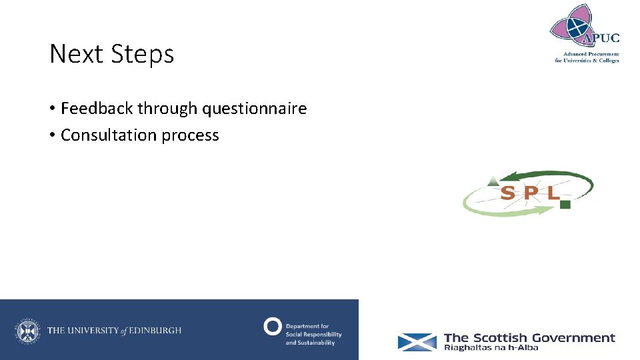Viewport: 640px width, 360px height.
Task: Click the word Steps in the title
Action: tap(143, 54)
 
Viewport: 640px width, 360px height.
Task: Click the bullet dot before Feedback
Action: tap(52, 109)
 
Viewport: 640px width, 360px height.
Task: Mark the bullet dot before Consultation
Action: tap(52, 135)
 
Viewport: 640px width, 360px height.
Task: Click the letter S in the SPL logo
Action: tap(507, 193)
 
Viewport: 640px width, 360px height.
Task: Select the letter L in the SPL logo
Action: tap(552, 193)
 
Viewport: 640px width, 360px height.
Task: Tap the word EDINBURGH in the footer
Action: tap(155, 331)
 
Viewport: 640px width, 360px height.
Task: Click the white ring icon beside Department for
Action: tap(272, 326)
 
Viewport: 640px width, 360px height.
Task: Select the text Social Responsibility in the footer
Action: tap(313, 335)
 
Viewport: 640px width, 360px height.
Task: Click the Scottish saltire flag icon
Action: tap(417, 342)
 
